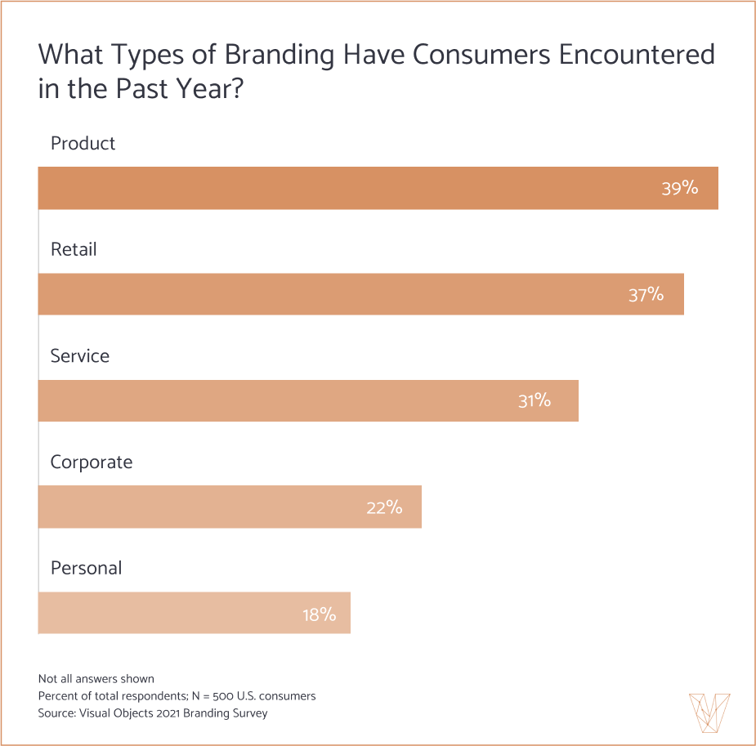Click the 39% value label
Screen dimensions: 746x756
pos(679,188)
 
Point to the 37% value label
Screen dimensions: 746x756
pos(646,294)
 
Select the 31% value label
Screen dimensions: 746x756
pos(534,400)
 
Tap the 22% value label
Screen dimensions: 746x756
pos(384,507)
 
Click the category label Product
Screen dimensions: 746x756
pos(83,143)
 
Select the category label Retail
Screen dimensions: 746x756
pos(74,249)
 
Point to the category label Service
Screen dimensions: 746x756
pos(79,355)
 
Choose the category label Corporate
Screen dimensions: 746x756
pos(91,462)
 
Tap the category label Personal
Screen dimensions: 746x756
pos(86,568)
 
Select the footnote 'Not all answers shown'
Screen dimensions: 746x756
pos(96,678)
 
